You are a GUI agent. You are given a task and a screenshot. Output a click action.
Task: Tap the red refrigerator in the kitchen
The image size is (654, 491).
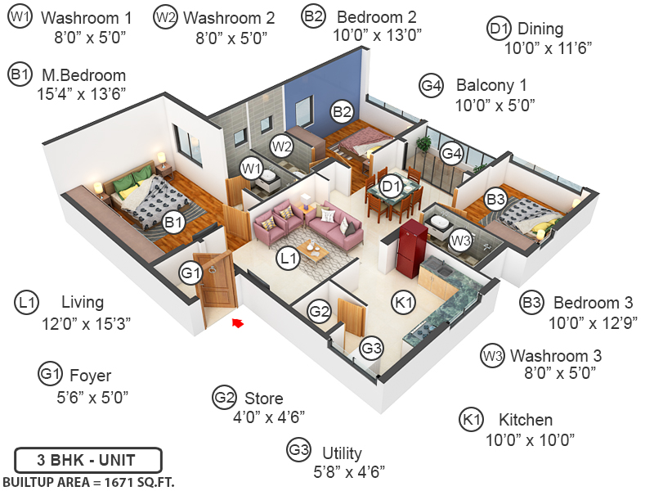(x=410, y=249)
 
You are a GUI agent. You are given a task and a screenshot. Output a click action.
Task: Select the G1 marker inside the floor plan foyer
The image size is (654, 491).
(x=190, y=273)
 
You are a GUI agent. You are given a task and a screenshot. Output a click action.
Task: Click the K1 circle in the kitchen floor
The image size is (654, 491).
(x=404, y=302)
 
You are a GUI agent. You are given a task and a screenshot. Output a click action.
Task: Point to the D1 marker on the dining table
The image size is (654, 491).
(x=392, y=186)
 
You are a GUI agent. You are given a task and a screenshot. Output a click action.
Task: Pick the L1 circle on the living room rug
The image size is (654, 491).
(x=287, y=259)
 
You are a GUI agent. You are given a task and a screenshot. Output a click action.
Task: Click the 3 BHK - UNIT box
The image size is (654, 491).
(x=87, y=458)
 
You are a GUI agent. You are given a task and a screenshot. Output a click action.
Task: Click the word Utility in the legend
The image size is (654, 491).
(x=342, y=453)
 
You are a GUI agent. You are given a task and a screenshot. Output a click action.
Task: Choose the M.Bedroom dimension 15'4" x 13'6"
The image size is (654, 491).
(x=82, y=93)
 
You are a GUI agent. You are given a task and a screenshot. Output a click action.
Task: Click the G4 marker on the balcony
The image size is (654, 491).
(x=452, y=153)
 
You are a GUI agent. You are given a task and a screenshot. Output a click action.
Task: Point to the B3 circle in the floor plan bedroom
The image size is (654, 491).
(x=495, y=198)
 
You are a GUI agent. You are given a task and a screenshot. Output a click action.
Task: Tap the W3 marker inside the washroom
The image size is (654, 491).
(x=461, y=241)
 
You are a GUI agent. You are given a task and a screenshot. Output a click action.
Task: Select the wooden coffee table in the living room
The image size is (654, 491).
(x=313, y=249)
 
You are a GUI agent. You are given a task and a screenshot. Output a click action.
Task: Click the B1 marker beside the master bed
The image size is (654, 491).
(x=172, y=221)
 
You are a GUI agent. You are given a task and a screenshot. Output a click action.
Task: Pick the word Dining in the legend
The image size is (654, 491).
(x=540, y=29)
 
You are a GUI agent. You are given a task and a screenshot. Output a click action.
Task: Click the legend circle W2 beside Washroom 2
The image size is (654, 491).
(x=166, y=17)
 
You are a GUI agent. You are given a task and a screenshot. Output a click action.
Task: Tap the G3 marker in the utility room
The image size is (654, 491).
(x=372, y=348)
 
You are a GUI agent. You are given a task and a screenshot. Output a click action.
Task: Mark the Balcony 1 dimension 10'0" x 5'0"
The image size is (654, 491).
(x=495, y=104)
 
